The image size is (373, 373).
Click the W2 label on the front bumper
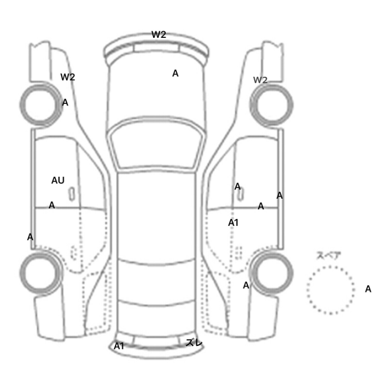pos(159,35)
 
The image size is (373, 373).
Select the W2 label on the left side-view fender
pos(68,77)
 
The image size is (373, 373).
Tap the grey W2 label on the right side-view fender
pos(260,80)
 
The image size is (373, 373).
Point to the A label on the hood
pos(175,74)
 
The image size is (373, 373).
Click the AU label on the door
pos(58,180)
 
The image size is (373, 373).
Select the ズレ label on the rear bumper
pos(194,343)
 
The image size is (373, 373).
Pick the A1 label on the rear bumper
pos(119,346)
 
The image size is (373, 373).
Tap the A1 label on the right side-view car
pos(233,223)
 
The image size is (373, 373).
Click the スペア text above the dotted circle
pos(326,255)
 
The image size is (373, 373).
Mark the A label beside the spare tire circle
pos(368,289)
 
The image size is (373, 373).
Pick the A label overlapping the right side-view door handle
pos(238,186)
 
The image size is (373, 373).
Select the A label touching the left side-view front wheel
pos(65,102)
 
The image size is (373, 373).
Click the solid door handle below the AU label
pos(71,194)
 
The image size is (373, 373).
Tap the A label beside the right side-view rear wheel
pos(246,285)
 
